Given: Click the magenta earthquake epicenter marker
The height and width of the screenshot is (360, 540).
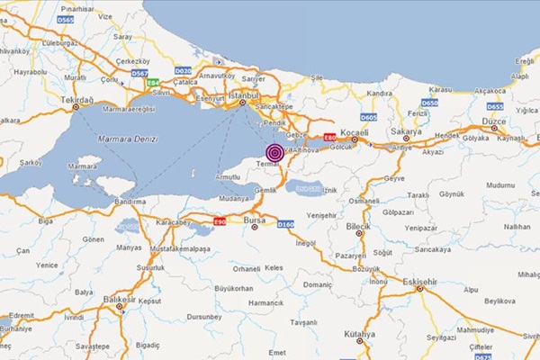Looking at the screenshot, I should [x=274, y=152].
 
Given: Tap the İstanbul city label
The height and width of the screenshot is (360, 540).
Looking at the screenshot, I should [x=244, y=94].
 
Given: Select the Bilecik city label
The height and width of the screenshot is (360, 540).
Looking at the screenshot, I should [x=358, y=219].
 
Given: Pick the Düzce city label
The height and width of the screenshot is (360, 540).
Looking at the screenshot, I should [x=495, y=119].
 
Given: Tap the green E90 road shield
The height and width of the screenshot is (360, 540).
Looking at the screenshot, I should [x=219, y=220].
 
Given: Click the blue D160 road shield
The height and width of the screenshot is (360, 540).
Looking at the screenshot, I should [x=286, y=224].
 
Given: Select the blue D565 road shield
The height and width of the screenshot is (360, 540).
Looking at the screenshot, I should [x=65, y=19].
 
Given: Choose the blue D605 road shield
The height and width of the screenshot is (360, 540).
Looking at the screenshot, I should [x=368, y=117].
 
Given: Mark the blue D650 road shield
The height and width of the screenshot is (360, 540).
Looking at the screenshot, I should [x=430, y=103].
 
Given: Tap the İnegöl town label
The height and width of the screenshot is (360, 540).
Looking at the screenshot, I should [x=307, y=242].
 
